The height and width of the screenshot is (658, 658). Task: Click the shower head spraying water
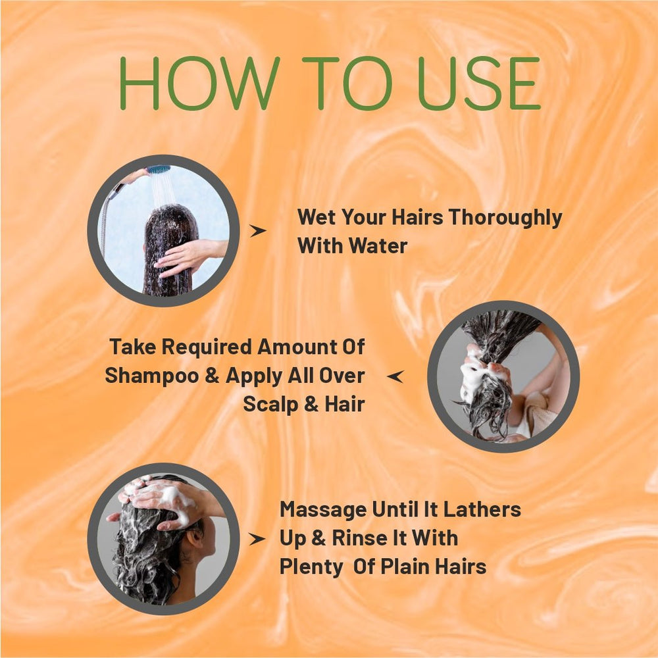(159, 170)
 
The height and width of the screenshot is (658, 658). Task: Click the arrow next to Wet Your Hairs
(258, 230)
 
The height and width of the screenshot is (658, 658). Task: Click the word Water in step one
(378, 246)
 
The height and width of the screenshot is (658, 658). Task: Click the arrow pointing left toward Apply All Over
(395, 376)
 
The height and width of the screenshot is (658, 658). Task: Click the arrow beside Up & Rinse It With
(258, 539)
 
